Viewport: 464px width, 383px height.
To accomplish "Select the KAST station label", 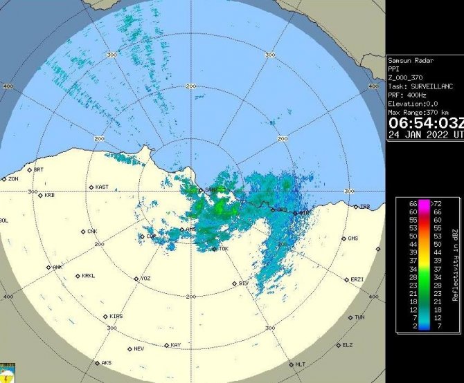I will coord(101,187).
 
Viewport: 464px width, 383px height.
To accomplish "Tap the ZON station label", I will coord(12,179).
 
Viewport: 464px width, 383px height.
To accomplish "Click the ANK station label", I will coord(57,267).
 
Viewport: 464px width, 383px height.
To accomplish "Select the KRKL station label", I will coord(87,276).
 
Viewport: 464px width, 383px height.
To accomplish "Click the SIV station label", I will coord(242,283).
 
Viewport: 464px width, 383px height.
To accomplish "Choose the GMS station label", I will coord(353,238).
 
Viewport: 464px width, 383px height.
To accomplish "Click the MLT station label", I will coord(300,364).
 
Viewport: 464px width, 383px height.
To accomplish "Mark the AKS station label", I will coord(106,362).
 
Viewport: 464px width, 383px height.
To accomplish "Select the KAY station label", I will coord(175,344).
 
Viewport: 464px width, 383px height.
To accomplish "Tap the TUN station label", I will coord(359,317).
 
